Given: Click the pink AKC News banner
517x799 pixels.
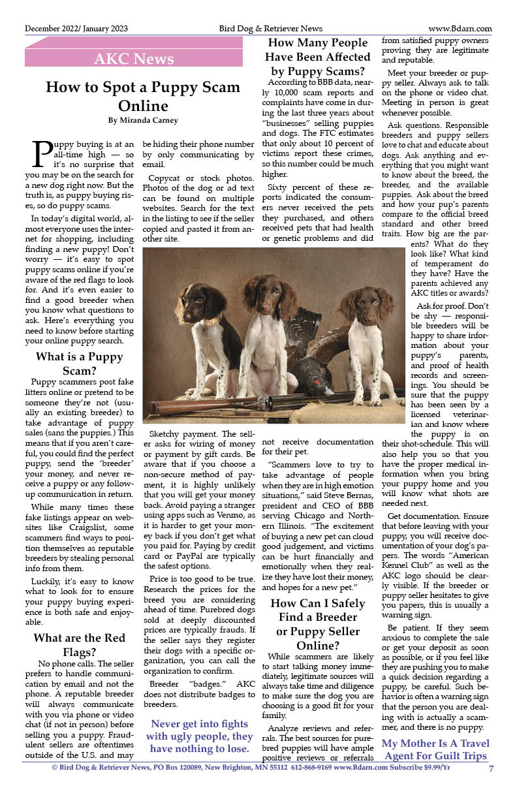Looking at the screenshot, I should pyautogui.click(x=134, y=59).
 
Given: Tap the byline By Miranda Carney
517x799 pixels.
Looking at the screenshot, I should pyautogui.click(x=143, y=120).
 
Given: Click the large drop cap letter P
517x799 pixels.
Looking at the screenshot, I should pyautogui.click(x=41, y=155).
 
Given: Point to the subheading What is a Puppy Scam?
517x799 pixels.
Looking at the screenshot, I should pyautogui.click(x=79, y=364).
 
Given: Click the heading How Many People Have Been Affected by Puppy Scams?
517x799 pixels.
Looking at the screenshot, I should pyautogui.click(x=318, y=57).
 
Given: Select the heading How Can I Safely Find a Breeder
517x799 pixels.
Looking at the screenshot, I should pyautogui.click(x=318, y=618).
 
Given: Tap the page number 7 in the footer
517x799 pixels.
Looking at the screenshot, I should pyautogui.click(x=490, y=768).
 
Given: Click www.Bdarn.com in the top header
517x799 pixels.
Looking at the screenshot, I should pyautogui.click(x=460, y=29).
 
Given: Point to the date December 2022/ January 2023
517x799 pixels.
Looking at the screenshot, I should pyautogui.click(x=76, y=29).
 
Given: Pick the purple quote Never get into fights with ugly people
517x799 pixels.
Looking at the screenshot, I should pyautogui.click(x=199, y=736).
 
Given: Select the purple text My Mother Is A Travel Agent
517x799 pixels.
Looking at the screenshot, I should pyautogui.click(x=435, y=749).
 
